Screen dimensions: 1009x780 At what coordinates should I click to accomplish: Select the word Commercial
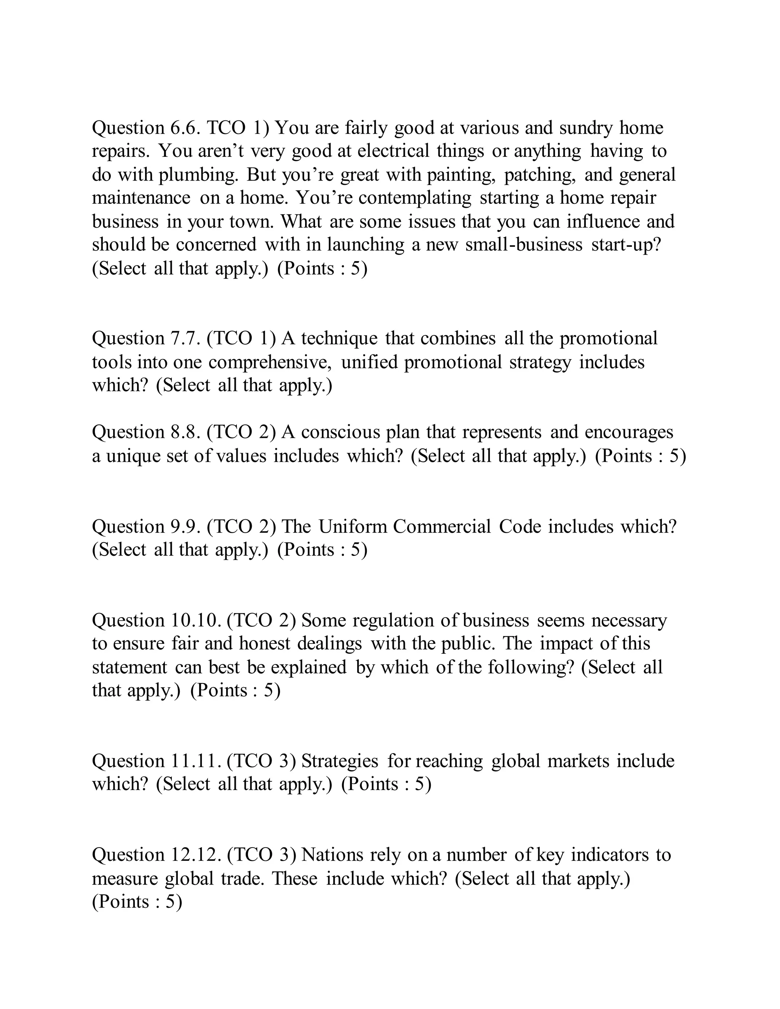(442, 527)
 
